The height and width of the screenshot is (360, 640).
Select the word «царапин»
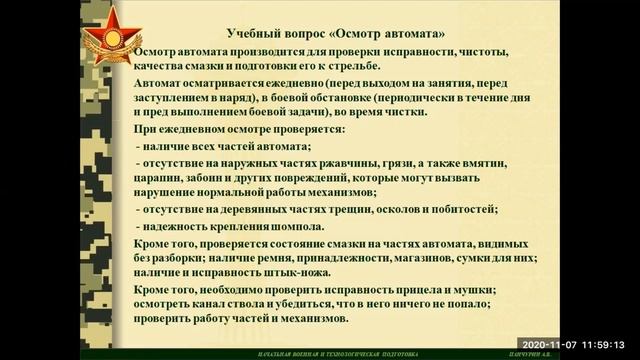click(x=165, y=177)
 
